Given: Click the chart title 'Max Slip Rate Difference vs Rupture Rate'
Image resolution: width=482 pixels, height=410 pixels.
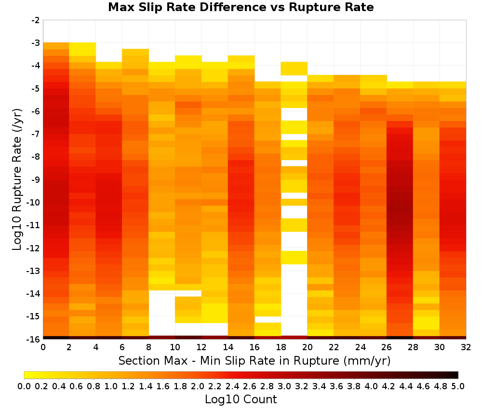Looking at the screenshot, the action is click(x=241, y=7).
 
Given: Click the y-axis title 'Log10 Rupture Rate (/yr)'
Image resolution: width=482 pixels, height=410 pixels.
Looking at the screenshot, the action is click(x=17, y=179).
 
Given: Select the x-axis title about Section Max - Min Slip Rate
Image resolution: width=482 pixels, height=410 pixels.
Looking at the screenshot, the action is click(x=254, y=361).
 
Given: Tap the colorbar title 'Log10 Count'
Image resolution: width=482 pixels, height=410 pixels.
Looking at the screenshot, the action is click(x=241, y=399).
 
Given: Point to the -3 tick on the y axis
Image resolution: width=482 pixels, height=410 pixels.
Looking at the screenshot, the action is click(x=35, y=42).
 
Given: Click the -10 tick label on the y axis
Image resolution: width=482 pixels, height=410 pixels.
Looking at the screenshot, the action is click(x=34, y=203).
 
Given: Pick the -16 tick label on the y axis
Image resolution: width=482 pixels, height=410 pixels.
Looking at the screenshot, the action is click(x=34, y=339).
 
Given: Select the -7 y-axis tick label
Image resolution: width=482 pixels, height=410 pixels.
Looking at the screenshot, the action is click(x=35, y=134).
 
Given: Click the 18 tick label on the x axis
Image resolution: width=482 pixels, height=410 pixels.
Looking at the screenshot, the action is click(x=281, y=347).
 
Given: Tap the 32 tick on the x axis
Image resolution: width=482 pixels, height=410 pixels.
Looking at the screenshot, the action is click(x=466, y=347).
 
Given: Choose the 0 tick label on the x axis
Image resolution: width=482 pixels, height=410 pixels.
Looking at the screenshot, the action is click(x=43, y=347).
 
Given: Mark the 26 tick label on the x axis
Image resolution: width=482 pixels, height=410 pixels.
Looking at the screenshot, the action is click(x=387, y=347).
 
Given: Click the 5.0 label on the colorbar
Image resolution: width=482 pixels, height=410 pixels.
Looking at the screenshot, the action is click(x=458, y=386).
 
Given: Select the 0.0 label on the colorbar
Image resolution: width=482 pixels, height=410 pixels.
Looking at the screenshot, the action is click(x=24, y=386).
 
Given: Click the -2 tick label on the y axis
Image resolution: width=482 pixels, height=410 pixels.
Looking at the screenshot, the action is click(x=35, y=20).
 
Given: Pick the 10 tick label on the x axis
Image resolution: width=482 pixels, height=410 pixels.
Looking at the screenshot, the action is click(x=175, y=347).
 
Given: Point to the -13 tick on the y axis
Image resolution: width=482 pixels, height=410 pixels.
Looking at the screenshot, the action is click(x=34, y=271).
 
